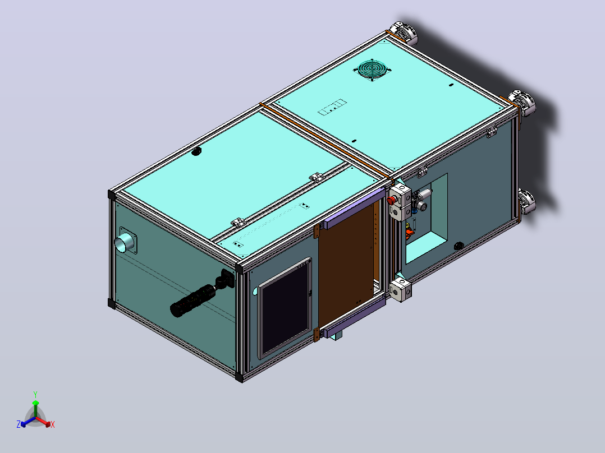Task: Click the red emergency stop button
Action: pyautogui.click(x=391, y=200)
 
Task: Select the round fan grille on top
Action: pyautogui.click(x=373, y=70)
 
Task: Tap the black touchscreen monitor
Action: pyautogui.click(x=286, y=307)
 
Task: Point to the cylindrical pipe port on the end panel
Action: pyautogui.click(x=125, y=243)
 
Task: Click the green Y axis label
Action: pyautogui.click(x=35, y=395)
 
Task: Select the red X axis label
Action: pyautogui.click(x=53, y=424)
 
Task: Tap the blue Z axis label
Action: pyautogui.click(x=19, y=424)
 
